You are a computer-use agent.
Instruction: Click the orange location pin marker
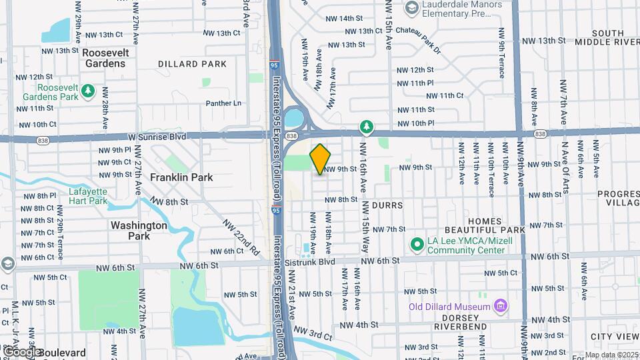[x=321, y=159]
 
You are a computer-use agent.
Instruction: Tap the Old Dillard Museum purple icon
[x=500, y=307]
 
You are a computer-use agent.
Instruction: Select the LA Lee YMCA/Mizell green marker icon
[x=417, y=245]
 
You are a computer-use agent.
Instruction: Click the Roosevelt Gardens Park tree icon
[x=87, y=91]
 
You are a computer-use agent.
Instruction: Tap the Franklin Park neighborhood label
[x=181, y=177]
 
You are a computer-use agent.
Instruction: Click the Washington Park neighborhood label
[x=139, y=231]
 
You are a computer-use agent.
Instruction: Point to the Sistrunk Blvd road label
[x=327, y=263]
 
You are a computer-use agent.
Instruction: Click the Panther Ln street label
[x=223, y=103]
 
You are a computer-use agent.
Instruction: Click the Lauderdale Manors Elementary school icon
[x=411, y=7]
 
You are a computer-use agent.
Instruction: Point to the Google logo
[x=22, y=351]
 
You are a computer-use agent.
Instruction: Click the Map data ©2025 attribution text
[x=611, y=355]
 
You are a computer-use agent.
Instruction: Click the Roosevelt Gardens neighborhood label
[x=105, y=57]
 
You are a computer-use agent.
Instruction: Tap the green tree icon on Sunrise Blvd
[x=365, y=125]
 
